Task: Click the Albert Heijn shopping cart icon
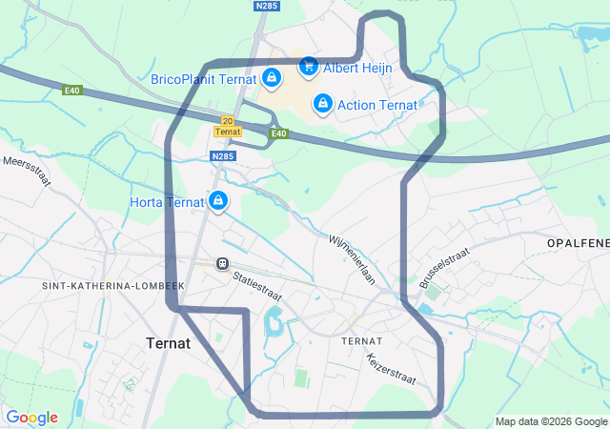coord(308,66)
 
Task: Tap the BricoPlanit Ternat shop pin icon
coord(272,77)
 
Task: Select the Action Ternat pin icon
coord(322,102)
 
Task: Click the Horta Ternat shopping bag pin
coord(218,200)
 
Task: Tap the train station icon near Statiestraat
coord(222,263)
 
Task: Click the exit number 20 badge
coord(227,120)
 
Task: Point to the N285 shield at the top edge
coord(267,6)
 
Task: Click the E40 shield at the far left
coord(73,91)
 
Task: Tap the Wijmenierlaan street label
coord(354,258)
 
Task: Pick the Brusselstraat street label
coord(444,268)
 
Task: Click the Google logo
coord(31,418)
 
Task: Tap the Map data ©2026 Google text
coord(551,421)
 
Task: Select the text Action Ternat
coord(377,104)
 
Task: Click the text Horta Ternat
coord(167,202)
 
